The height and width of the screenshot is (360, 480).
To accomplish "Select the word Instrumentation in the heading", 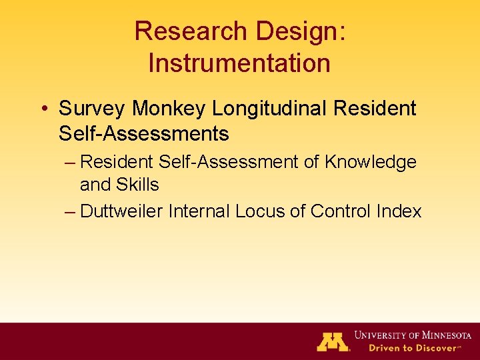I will pyautogui.click(x=239, y=63).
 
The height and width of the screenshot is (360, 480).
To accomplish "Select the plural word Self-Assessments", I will pyautogui.click(x=143, y=134).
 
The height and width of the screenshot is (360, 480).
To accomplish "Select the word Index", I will pyautogui.click(x=399, y=211).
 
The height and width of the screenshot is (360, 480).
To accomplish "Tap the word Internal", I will pyautogui.click(x=199, y=211).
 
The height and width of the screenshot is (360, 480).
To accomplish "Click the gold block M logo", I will pyautogui.click(x=333, y=341).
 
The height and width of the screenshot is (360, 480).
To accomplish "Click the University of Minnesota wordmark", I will pyautogui.click(x=413, y=335).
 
